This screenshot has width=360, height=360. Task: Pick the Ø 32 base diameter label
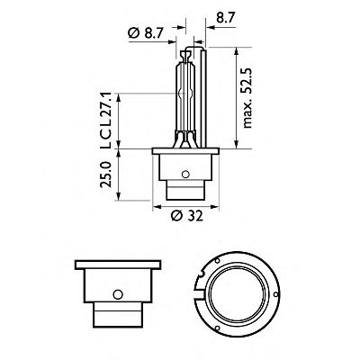186,215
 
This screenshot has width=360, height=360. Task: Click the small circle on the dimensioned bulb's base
185,174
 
